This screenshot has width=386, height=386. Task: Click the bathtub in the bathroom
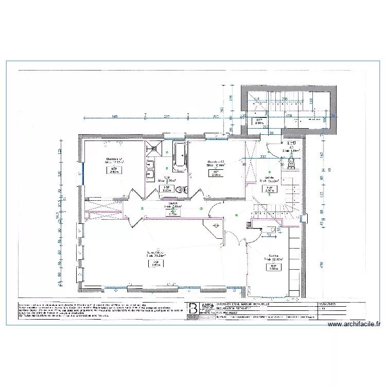tap(180, 156)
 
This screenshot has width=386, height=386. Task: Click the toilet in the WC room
tap(291, 163)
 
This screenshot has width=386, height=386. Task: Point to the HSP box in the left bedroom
tap(113, 170)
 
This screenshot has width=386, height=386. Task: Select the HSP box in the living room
tap(154, 264)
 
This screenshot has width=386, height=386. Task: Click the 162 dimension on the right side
tap(322, 154)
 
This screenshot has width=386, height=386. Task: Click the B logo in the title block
tap(193, 308)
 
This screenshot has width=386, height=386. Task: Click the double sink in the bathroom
tap(151, 170)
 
